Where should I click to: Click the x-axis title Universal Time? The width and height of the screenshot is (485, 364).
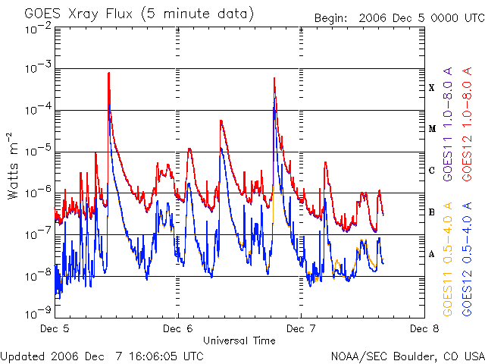(x=239, y=340)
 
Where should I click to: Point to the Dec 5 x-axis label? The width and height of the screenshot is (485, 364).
(x=55, y=329)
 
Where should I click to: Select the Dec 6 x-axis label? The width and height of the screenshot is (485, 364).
(x=178, y=329)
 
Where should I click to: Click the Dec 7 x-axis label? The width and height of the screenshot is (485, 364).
(x=301, y=329)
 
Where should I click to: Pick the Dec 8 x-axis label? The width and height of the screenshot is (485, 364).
(x=424, y=329)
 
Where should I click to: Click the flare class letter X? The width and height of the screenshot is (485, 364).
(x=432, y=88)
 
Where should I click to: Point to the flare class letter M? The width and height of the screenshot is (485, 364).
(x=432, y=129)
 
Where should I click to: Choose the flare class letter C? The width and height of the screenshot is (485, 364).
(x=432, y=171)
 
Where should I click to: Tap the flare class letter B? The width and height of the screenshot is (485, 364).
(x=432, y=212)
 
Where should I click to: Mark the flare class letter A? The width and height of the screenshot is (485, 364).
(x=432, y=254)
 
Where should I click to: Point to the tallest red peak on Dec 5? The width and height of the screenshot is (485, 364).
(x=109, y=74)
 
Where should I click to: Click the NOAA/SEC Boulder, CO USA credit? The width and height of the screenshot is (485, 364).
(x=407, y=355)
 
